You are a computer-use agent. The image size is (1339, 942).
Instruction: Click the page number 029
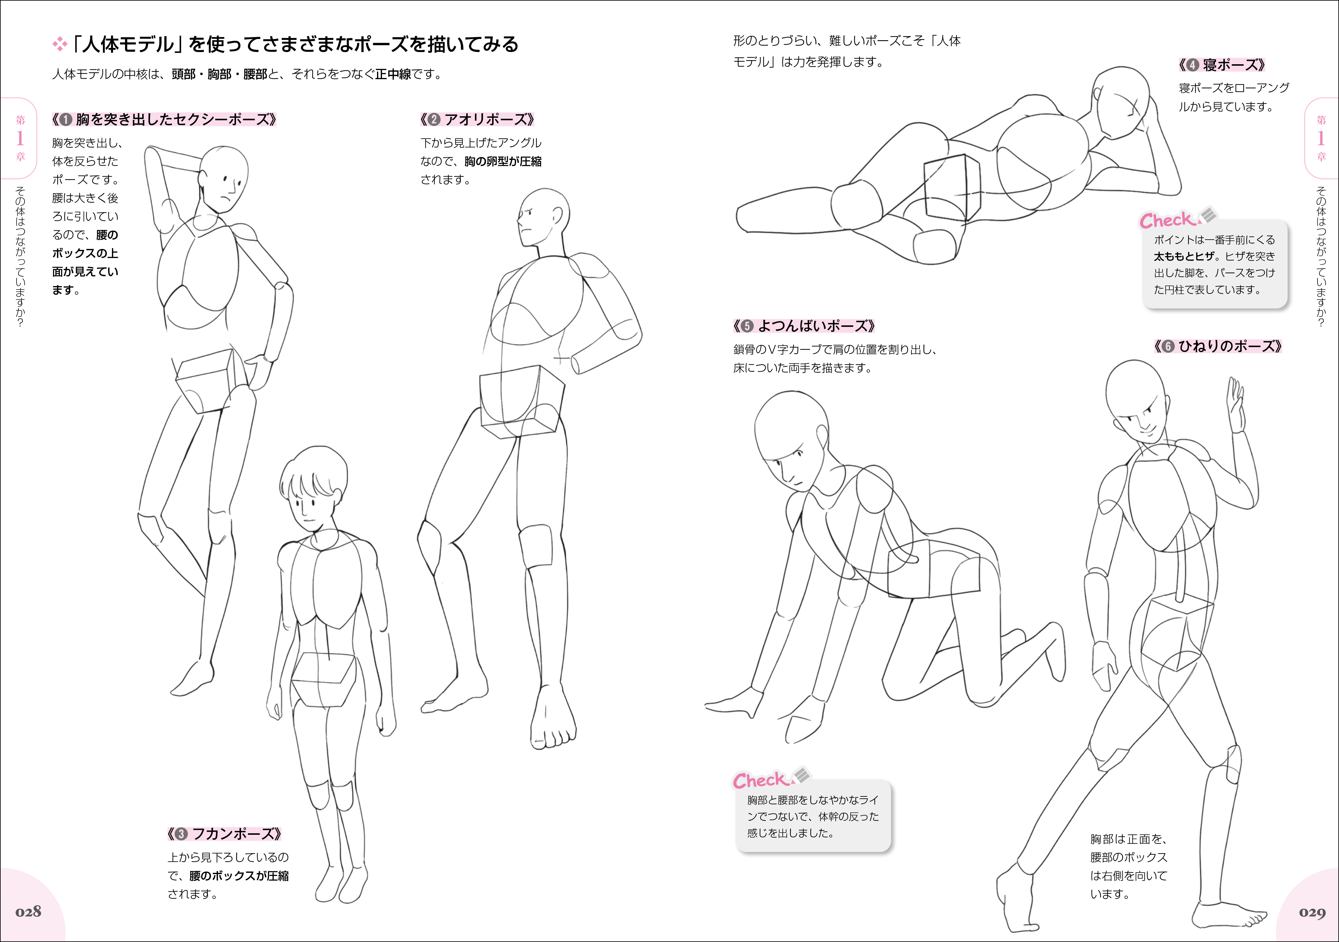tap(1312, 912)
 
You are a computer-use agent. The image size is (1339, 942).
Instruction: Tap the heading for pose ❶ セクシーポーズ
tap(164, 119)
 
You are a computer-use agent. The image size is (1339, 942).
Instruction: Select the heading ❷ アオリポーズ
tap(477, 119)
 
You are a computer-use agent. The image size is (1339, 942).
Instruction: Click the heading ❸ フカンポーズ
tap(225, 834)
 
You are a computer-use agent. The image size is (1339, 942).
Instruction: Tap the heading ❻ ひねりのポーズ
tap(1218, 346)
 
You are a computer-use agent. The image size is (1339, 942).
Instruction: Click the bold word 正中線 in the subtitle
tap(393, 74)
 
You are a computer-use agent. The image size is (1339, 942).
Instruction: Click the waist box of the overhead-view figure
tap(324, 679)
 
